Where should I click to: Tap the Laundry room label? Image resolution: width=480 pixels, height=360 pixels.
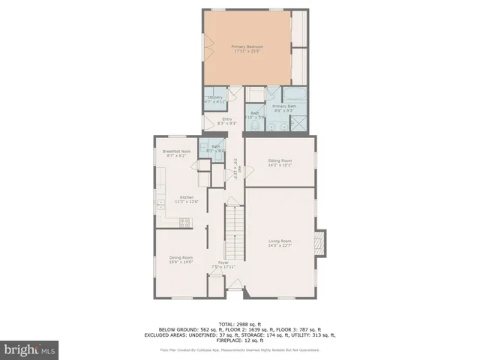click(x=214, y=97)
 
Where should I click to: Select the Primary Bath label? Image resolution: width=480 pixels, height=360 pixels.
click(x=283, y=107)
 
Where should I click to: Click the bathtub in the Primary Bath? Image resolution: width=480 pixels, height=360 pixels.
click(x=294, y=95)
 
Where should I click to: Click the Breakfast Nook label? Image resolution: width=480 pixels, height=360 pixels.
click(x=176, y=151)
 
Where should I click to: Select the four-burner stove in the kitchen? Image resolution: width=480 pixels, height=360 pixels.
click(x=184, y=221)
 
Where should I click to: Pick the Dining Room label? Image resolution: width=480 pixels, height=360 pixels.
click(x=181, y=258)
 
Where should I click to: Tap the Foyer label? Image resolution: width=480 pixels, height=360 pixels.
click(x=223, y=263)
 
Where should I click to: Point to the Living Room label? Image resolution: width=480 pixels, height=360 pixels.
click(x=280, y=241)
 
